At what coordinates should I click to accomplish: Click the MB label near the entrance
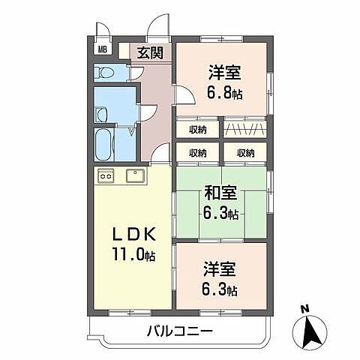point(103,51)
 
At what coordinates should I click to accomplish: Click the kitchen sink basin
point(136,177)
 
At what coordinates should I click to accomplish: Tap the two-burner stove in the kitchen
point(106,177)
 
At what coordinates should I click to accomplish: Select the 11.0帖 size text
point(133,256)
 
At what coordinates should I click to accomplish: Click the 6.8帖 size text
point(225,94)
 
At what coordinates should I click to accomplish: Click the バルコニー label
point(180,331)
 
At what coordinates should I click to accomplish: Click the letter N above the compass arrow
point(304,307)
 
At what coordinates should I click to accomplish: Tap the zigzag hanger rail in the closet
point(244,128)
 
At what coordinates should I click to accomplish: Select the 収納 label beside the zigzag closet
point(199,129)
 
